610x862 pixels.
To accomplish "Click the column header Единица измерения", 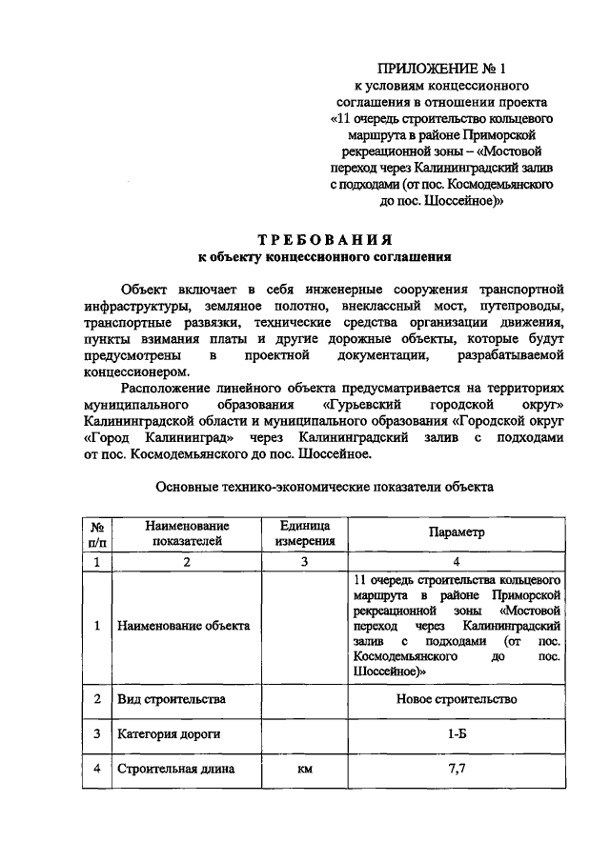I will click(305, 533).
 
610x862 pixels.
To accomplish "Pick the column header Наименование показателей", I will click(187, 533).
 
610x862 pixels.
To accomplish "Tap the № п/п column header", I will click(96, 533).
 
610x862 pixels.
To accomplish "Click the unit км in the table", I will click(305, 770).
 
